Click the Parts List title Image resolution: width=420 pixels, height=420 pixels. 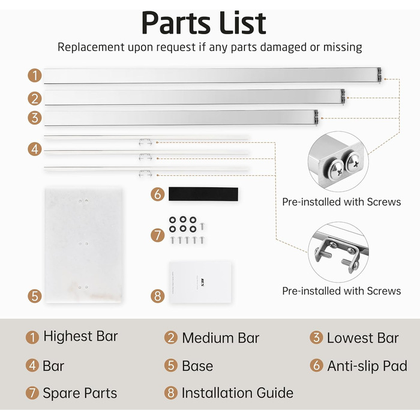click(204, 23)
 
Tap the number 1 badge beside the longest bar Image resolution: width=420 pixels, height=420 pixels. click(35, 76)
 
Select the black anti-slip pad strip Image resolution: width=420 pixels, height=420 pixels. click(203, 194)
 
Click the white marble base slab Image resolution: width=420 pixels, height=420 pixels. click(83, 245)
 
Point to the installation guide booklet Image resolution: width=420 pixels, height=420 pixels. click(200, 283)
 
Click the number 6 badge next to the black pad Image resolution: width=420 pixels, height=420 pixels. click(157, 194)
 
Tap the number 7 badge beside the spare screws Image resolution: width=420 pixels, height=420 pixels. click(157, 235)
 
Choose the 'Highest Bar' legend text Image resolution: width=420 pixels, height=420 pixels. click(80, 336)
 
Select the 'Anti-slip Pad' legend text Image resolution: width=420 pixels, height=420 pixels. click(367, 366)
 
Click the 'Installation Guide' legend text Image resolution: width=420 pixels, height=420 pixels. click(238, 393)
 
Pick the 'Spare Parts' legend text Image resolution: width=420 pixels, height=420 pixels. click(80, 393)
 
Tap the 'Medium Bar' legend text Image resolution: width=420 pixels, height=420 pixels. click(221, 338)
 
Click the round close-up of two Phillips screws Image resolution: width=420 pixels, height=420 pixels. click(338, 161)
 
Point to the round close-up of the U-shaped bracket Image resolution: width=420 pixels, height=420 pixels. click(338, 252)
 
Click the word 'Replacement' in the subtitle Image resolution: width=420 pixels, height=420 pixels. click(91, 47)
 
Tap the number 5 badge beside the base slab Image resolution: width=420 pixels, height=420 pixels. click(35, 296)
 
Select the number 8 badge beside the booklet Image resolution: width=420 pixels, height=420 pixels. click(157, 296)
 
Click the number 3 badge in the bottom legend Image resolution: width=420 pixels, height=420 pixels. click(316, 337)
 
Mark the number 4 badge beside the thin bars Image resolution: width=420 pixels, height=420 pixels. click(35, 149)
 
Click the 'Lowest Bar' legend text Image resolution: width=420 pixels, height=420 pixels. click(362, 338)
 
